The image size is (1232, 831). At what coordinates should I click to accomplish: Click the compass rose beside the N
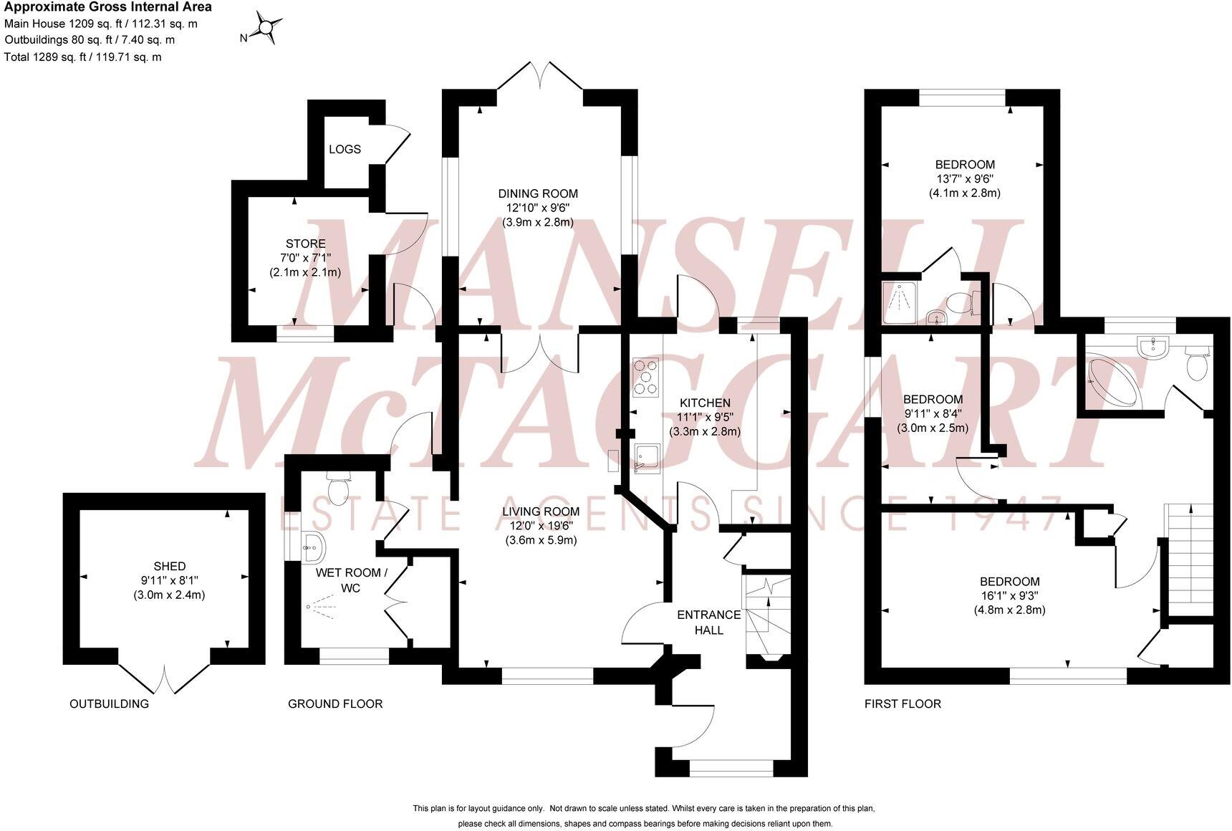pos(266,29)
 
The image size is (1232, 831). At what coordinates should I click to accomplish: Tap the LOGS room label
pos(345,149)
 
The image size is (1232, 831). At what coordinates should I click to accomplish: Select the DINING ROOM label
pos(538,193)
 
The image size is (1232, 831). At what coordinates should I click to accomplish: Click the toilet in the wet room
pos(337,489)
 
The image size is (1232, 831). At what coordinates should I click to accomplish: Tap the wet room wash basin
pos(313,548)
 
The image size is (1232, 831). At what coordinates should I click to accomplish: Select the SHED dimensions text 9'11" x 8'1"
pos(169,580)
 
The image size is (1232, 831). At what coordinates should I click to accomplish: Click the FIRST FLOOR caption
pos(903,703)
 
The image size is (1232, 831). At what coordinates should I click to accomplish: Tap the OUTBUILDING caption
pos(109,703)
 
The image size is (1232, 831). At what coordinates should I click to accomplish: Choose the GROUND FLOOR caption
pos(335,703)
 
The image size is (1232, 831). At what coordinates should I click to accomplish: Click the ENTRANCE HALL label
pos(708,623)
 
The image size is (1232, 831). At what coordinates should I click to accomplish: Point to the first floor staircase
pos(1190,559)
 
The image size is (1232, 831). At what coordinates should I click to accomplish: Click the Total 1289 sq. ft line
pos(83,57)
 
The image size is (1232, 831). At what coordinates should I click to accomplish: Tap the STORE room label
pos(305,244)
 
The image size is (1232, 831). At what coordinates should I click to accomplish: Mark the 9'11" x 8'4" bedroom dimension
pos(933,413)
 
